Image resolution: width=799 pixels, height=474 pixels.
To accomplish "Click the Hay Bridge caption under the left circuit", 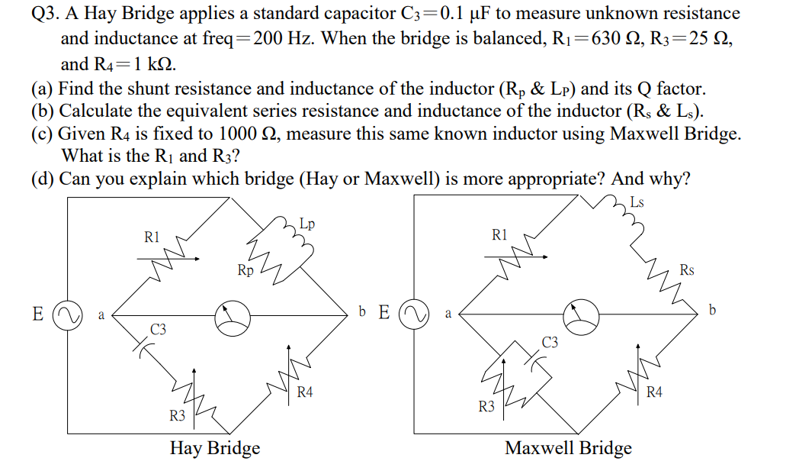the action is click(215, 448).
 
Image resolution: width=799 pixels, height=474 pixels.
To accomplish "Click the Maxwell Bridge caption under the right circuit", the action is click(568, 448).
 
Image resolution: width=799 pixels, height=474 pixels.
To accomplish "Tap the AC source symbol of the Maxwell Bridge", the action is click(414, 314).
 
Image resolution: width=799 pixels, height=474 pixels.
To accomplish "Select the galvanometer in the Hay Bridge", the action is click(233, 318).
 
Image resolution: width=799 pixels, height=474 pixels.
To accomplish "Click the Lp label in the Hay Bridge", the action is click(306, 224).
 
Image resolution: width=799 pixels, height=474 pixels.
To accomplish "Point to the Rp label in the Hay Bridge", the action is click(245, 270).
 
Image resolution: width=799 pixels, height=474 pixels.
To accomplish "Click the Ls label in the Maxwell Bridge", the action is click(637, 202).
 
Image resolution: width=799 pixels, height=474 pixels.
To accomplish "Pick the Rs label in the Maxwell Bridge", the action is click(687, 270).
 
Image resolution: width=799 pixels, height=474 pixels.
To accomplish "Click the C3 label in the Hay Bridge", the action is click(158, 330).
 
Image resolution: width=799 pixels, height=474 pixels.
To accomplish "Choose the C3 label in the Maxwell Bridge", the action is click(550, 343).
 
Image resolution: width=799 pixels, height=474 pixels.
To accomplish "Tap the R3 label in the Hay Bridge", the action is click(178, 416).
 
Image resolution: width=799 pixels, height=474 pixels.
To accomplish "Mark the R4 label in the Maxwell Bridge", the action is click(654, 392).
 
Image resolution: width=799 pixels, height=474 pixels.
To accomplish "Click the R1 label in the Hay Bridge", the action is click(152, 237).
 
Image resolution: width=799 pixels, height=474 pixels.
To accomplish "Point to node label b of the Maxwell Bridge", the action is click(712, 310).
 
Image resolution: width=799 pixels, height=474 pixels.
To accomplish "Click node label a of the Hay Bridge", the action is click(101, 315).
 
